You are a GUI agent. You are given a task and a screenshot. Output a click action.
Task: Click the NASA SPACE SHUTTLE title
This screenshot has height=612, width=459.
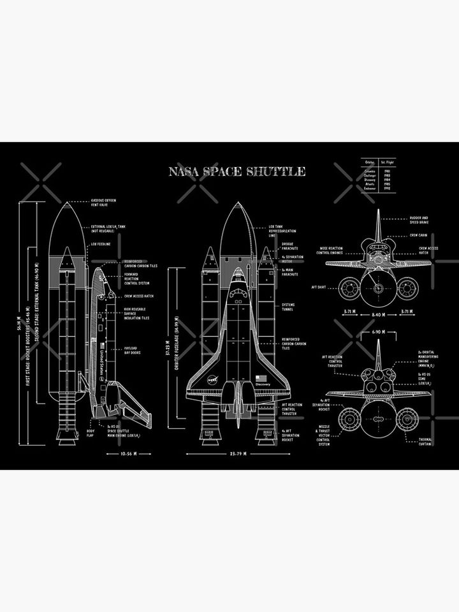pos(237,171)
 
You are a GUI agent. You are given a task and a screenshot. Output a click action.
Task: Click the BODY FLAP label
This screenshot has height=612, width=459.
pos(91,434)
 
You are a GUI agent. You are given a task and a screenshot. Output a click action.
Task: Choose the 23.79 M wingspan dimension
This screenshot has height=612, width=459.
pos(237,454)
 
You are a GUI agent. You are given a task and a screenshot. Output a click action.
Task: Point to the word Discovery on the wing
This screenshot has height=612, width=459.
pos(263,384)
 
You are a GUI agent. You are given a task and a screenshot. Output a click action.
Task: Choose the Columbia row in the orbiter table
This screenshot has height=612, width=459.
pos(368,171)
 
